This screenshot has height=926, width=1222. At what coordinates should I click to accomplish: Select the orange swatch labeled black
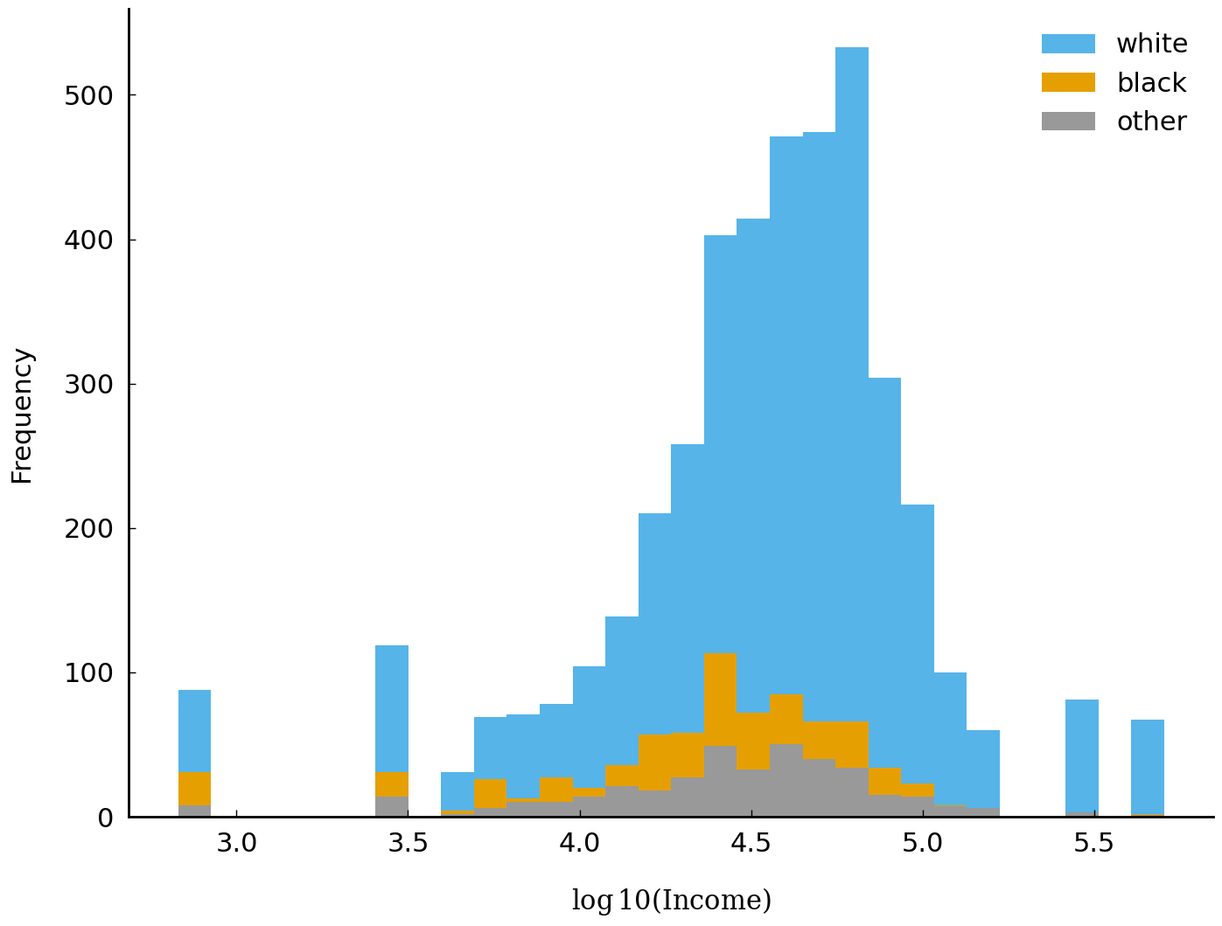tap(1068, 83)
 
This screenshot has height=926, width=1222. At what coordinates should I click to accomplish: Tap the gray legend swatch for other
tap(1068, 122)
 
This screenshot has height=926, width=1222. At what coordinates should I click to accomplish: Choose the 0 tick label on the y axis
tap(105, 818)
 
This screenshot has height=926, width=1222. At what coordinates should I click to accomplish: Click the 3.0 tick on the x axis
tap(236, 844)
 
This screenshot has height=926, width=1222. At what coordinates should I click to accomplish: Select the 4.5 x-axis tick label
tap(751, 844)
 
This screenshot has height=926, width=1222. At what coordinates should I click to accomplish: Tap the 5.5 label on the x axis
tap(1093, 844)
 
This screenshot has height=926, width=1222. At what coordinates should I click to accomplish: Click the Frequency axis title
tap(23, 415)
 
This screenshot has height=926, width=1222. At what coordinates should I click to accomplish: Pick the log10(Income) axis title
tap(671, 901)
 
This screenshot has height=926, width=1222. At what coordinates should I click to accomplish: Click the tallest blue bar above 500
tap(852, 262)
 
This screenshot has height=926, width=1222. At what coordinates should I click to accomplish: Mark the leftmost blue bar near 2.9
tap(194, 730)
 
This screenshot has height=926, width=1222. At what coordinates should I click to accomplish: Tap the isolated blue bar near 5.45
tap(1081, 756)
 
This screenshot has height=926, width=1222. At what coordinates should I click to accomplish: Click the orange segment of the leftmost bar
tap(194, 789)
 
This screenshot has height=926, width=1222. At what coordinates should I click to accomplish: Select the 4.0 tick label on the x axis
tap(579, 844)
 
